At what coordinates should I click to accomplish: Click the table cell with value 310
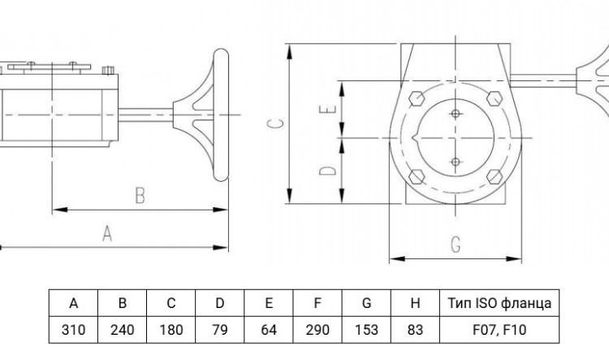73,330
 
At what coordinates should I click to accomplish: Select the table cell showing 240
123,330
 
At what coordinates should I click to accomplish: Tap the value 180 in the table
171,330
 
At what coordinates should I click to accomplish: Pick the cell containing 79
220,330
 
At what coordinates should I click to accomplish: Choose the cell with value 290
317,330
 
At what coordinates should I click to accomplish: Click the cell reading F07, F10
499,330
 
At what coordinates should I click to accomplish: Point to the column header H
415,303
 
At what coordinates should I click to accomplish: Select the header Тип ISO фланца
499,303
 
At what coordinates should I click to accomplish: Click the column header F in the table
317,303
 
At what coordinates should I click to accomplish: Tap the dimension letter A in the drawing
107,234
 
